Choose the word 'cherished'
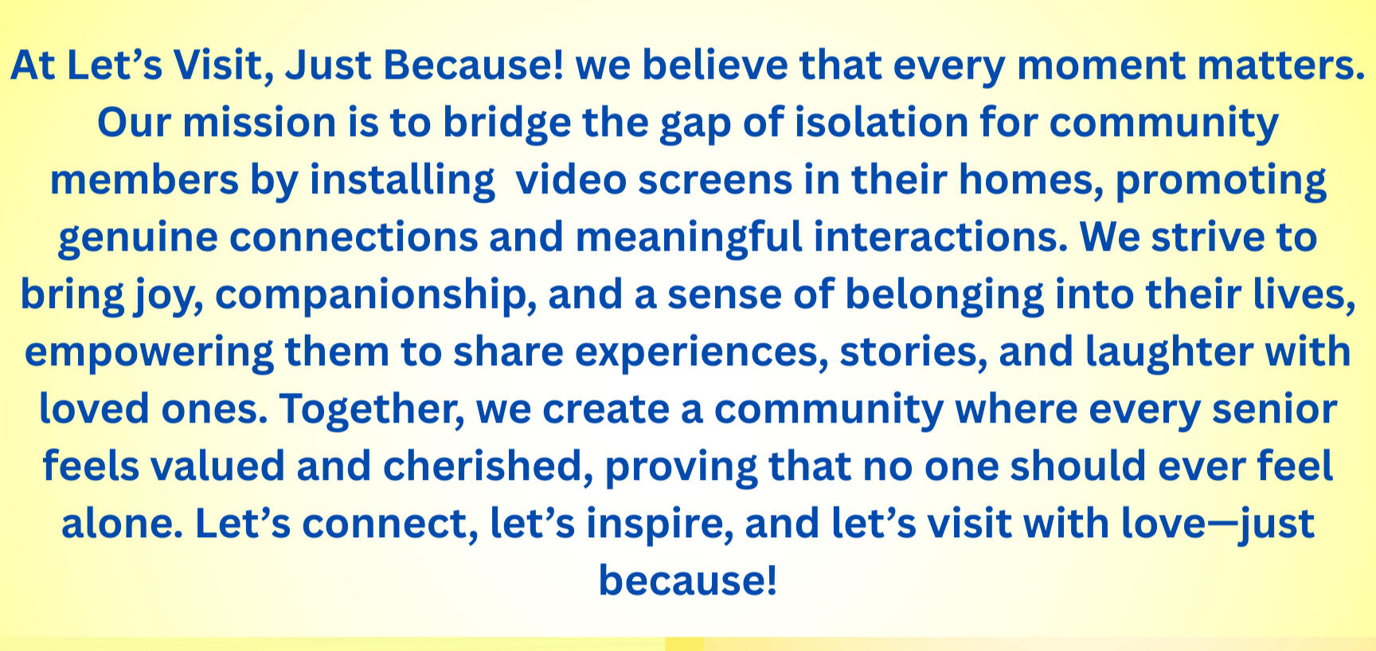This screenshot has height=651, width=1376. coord(488,467)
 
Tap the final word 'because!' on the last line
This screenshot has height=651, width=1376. coord(688,580)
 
